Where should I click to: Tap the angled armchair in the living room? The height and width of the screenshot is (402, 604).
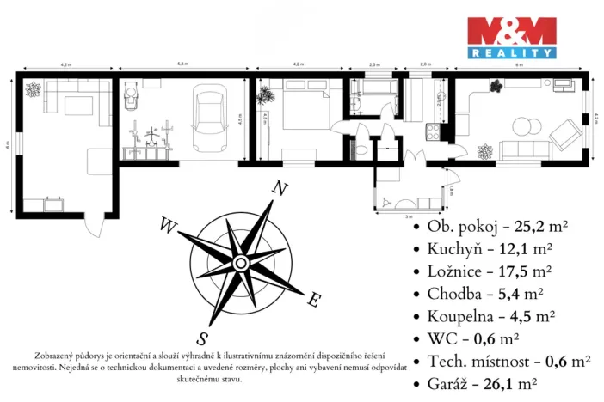(x=564, y=131)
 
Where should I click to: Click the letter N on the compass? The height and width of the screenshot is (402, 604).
(x=278, y=188)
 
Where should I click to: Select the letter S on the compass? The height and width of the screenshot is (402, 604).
(x=202, y=336)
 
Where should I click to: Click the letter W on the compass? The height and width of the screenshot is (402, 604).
(x=166, y=226)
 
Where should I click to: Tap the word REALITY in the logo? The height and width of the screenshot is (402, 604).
(x=511, y=53)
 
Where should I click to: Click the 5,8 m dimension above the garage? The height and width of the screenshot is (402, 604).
(x=182, y=64)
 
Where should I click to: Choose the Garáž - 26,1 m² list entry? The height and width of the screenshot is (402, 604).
(x=482, y=383)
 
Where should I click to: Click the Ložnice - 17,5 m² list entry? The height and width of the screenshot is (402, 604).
(x=489, y=271)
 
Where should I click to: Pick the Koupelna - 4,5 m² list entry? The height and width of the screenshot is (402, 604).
(x=488, y=316)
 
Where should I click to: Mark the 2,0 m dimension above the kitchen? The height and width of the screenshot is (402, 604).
(x=425, y=64)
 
